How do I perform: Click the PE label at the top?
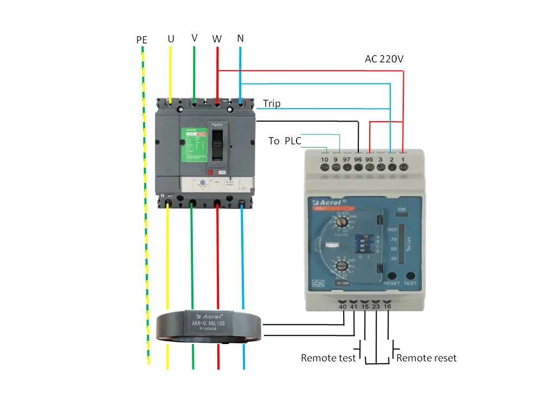[142, 40]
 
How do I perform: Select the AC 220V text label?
[384, 59]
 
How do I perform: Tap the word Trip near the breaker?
[272, 103]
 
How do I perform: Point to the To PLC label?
[285, 141]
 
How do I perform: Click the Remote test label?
[328, 358]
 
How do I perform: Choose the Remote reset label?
[427, 358]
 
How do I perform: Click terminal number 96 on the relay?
[358, 160]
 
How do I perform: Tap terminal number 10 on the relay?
[325, 160]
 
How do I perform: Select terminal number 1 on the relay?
[403, 160]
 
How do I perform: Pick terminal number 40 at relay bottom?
[343, 307]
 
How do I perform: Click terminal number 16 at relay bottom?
[387, 307]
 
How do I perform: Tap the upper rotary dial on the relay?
[341, 222]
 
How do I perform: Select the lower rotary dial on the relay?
[340, 266]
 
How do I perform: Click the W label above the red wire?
[217, 39]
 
